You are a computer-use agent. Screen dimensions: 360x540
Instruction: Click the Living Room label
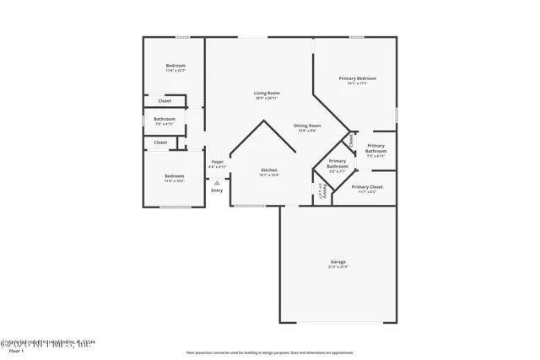coord(267,93)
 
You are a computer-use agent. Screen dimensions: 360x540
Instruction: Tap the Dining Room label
coord(307,126)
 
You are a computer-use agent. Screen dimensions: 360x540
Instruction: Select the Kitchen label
coord(268,169)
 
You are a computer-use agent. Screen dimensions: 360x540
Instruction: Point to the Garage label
coord(338,261)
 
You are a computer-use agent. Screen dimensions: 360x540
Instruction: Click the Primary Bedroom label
coord(357,78)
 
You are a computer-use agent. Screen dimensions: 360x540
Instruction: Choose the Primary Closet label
coord(367,187)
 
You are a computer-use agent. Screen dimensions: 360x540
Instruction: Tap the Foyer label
coord(217,161)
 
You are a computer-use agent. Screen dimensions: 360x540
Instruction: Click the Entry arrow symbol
coord(217,181)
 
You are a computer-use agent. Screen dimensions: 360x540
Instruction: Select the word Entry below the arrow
coord(217,191)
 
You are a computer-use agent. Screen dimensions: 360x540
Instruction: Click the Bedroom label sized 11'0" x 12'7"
coord(175,66)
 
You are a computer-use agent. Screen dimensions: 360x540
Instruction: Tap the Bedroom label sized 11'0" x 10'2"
coord(175,176)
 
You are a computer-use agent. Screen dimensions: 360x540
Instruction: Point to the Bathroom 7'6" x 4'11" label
coord(165,119)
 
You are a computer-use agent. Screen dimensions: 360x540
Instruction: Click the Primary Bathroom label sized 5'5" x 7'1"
coord(337,164)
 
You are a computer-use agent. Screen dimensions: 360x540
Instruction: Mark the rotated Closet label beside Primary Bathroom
coord(350,140)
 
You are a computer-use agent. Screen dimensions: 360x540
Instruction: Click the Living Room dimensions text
coord(267,99)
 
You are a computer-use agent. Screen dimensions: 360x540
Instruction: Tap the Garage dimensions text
coord(338,267)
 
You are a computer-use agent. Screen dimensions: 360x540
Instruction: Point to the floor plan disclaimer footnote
coord(270,352)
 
